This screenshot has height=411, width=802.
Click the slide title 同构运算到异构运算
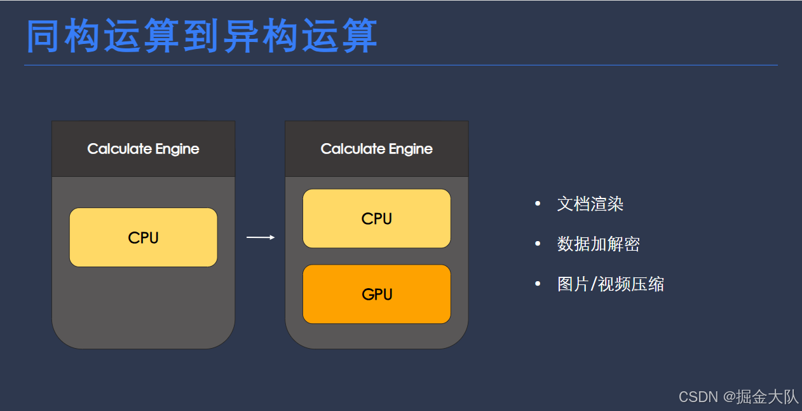(202, 36)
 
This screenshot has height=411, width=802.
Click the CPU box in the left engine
(143, 237)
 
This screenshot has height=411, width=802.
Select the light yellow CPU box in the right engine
(376, 218)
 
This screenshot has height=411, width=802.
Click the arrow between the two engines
(260, 237)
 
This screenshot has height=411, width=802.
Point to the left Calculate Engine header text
(143, 149)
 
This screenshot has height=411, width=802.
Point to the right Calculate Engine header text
(376, 149)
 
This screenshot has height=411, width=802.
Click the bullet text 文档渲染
(590, 204)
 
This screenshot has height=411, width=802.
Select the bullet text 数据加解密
(598, 244)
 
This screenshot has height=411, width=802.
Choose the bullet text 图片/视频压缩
(610, 284)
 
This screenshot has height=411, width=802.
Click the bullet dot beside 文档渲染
(538, 204)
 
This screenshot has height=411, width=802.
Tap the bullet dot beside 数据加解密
(538, 244)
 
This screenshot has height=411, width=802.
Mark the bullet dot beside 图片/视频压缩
(538, 284)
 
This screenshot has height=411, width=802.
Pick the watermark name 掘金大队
(767, 397)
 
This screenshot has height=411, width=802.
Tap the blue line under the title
(400, 65)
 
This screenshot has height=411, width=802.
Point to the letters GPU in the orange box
(376, 295)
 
